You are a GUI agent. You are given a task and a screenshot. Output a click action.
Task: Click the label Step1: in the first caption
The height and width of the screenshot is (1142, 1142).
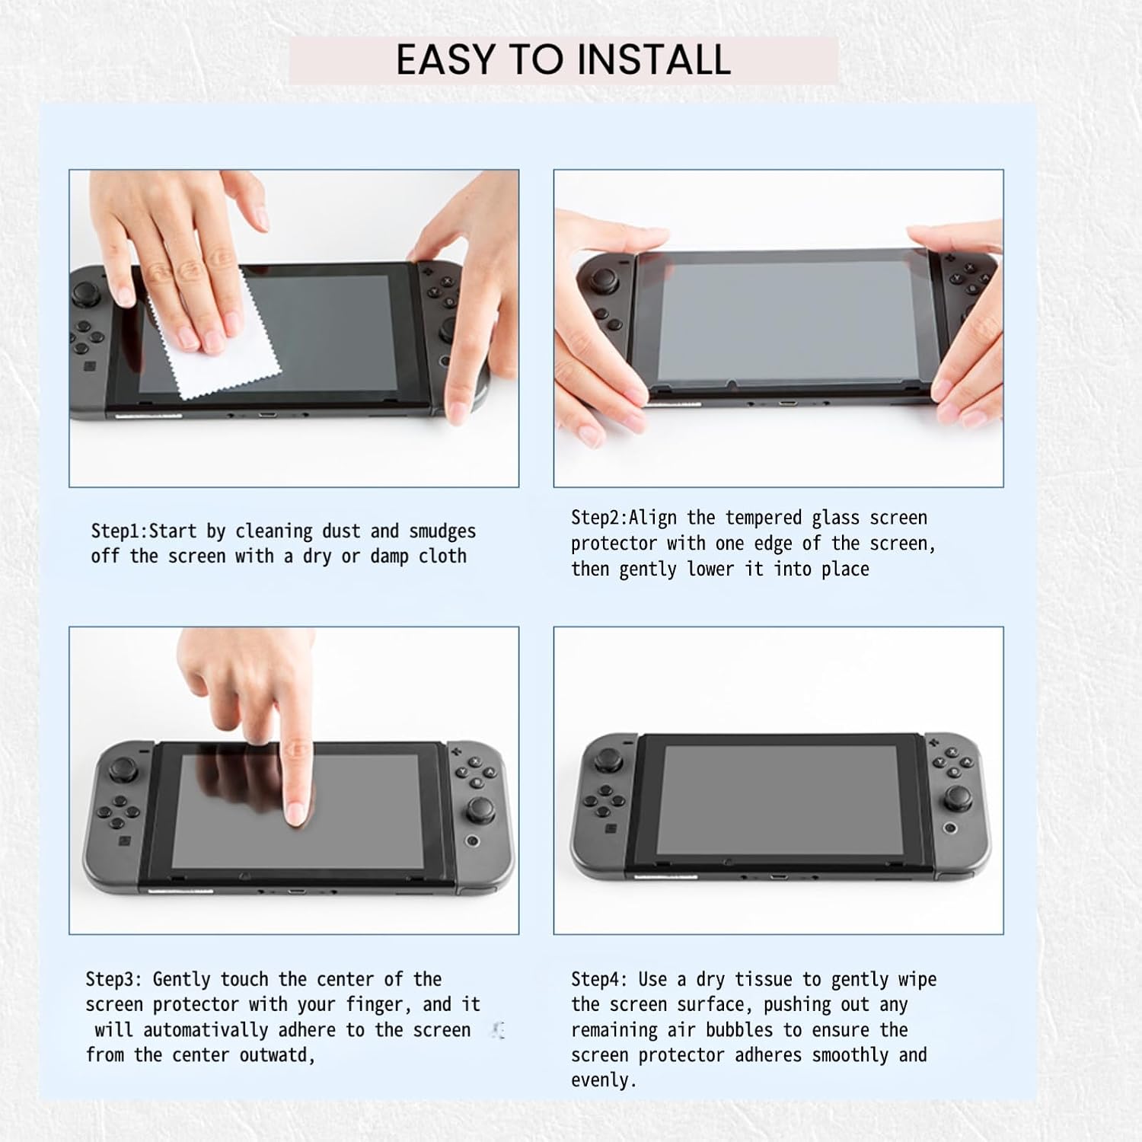[x=120, y=531]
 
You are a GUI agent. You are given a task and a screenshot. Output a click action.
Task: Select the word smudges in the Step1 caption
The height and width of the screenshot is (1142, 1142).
[x=442, y=531]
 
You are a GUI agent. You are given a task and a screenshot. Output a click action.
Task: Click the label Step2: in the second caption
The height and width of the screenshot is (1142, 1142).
[x=600, y=518]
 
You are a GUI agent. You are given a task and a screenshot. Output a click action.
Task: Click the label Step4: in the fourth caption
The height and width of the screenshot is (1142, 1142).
[x=600, y=979]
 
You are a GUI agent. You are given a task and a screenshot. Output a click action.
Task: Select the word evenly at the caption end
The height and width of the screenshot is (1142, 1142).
[x=604, y=1081]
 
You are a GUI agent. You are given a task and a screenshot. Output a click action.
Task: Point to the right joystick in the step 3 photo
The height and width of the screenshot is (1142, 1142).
[x=480, y=809]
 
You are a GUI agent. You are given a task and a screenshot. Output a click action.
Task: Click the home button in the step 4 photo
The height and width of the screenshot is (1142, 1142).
[x=950, y=828]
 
